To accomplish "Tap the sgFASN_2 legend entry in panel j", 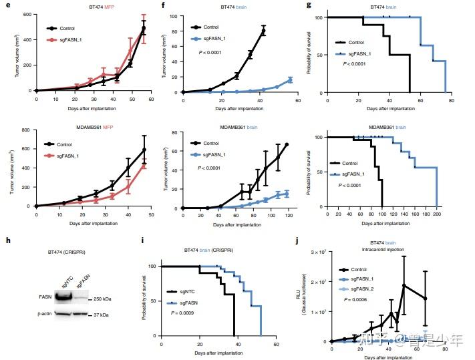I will pos(367,289).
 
